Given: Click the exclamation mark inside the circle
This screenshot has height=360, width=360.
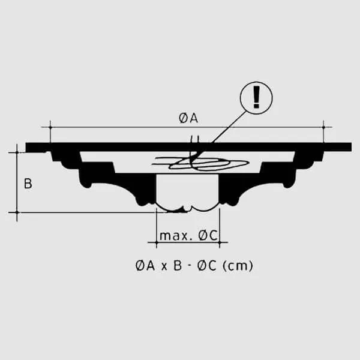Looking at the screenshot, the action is (256, 97).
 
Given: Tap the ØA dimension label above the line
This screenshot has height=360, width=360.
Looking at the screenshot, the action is (188, 118).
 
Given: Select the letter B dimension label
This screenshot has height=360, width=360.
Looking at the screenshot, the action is (28, 184).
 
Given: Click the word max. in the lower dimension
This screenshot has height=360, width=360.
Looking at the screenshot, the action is (176, 236).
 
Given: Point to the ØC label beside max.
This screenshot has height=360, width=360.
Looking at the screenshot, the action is (208, 236).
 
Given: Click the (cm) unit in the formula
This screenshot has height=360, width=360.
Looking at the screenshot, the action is (238, 266).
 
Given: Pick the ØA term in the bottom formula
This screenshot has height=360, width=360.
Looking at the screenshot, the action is (145, 266).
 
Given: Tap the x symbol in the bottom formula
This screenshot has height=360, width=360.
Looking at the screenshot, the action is (164, 267).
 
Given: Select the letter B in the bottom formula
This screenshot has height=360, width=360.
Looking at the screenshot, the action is (178, 266).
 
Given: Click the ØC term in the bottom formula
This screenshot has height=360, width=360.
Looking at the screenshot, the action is (206, 266).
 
